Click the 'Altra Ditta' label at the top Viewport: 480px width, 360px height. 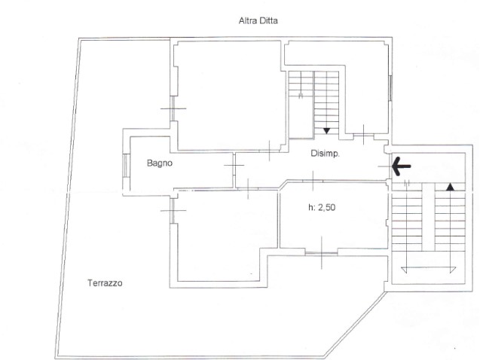coord(258,21)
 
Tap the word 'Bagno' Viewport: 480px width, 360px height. coord(160,163)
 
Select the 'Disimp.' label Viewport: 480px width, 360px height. coord(325,154)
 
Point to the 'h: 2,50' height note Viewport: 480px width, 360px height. coord(322,208)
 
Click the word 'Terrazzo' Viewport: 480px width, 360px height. coord(105,283)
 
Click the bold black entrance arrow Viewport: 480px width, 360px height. coord(402,166)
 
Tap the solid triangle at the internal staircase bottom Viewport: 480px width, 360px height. coord(326,131)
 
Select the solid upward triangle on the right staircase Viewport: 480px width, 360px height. coord(450,187)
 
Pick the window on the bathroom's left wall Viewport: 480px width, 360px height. coord(126,165)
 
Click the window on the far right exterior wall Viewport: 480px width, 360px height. coord(390,88)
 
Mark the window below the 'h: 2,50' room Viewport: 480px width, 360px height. coord(322,253)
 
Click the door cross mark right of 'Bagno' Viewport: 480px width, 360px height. coord(234,165)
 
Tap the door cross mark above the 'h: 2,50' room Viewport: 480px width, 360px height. coord(313,181)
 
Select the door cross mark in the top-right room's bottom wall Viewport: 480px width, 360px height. coord(364,135)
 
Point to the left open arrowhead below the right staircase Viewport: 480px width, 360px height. coord(406,270)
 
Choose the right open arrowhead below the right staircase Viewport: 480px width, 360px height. coord(451,270)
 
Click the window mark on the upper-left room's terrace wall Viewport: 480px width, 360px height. coord(173,108)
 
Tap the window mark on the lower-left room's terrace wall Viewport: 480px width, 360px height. coord(173,210)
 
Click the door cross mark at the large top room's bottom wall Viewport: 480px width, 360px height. coord(269,151)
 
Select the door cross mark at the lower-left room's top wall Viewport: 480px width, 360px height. coord(248,189)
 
